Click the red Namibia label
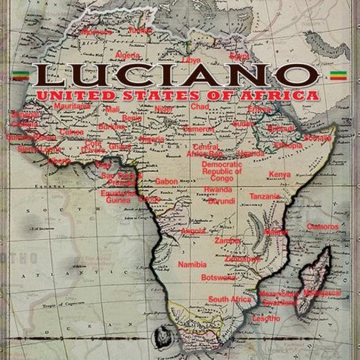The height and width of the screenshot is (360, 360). pos(192,265)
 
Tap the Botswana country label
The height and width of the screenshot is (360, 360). pos(218,277)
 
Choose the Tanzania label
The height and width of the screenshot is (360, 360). pos(264,196)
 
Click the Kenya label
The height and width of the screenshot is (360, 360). pos(279,175)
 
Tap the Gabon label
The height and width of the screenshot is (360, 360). pos(166,181)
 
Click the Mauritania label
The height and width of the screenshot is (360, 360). pos(72,106)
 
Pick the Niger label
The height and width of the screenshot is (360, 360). pos(164,109)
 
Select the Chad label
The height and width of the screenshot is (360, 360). pos(199,107)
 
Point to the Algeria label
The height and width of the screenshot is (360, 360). pos(127,55)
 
